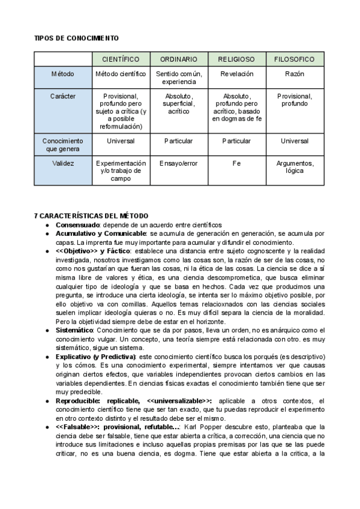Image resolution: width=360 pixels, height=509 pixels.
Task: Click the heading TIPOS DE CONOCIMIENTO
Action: coord(76,38)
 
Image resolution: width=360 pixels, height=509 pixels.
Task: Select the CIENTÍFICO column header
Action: coord(121,59)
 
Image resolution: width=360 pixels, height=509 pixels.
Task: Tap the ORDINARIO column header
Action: coord(179,59)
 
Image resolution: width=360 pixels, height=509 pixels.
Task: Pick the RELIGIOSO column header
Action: coord(236,59)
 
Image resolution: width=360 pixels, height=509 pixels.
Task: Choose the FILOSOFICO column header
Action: coord(295,59)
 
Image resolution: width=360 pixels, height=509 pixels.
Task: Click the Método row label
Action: coord(62,74)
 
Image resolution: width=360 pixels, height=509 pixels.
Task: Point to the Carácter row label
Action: coord(62,95)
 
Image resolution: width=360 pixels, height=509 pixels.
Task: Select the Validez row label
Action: coord(62,163)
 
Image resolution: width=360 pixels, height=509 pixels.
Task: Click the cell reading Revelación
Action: coord(236,74)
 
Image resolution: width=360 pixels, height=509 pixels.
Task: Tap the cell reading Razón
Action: coord(295,74)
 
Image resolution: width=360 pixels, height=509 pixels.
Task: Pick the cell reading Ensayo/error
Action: coord(179,163)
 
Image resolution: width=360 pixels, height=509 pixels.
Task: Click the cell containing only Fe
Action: coord(236,163)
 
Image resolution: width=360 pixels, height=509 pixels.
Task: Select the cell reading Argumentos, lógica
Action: coord(295,167)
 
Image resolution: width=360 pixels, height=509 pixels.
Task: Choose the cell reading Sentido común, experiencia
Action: coord(179,77)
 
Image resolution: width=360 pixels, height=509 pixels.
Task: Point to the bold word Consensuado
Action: coord(77,224)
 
